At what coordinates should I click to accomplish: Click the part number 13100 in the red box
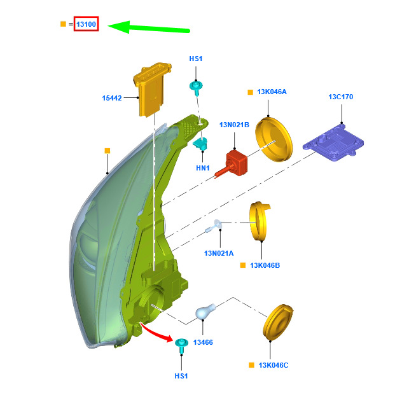pyautogui.click(x=86, y=24)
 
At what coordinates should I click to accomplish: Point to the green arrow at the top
pyautogui.click(x=149, y=27)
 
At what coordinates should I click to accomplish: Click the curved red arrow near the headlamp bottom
pyautogui.click(x=156, y=333)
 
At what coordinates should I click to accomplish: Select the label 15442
pyautogui.click(x=112, y=98)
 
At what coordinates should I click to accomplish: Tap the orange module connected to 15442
pyautogui.click(x=151, y=90)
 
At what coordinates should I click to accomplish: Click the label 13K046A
pyautogui.click(x=272, y=92)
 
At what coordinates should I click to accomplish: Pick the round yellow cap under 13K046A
pyautogui.click(x=274, y=139)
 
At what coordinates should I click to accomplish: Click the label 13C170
pyautogui.click(x=341, y=97)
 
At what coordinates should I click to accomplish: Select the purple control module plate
pyautogui.click(x=333, y=142)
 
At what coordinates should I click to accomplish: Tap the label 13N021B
pyautogui.click(x=234, y=125)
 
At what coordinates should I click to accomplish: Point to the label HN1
pyautogui.click(x=203, y=168)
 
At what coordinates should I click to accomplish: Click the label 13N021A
pyautogui.click(x=219, y=253)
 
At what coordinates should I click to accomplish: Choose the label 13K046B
pyautogui.click(x=265, y=265)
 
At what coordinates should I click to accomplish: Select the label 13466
pyautogui.click(x=203, y=342)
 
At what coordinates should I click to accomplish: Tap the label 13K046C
pyautogui.click(x=274, y=365)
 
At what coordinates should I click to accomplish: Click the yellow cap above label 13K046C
pyautogui.click(x=278, y=322)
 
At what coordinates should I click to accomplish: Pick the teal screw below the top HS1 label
pyautogui.click(x=196, y=88)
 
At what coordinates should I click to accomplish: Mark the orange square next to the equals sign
pyautogui.click(x=63, y=24)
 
